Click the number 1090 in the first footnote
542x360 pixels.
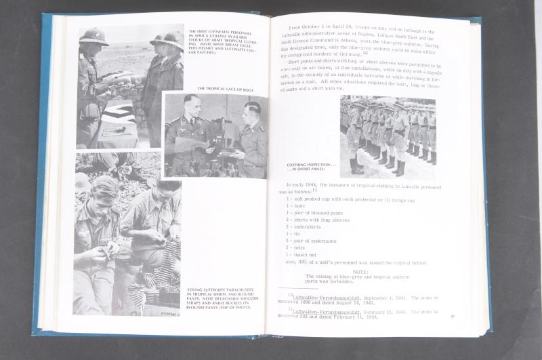302,303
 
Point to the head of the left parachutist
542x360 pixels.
106,189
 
